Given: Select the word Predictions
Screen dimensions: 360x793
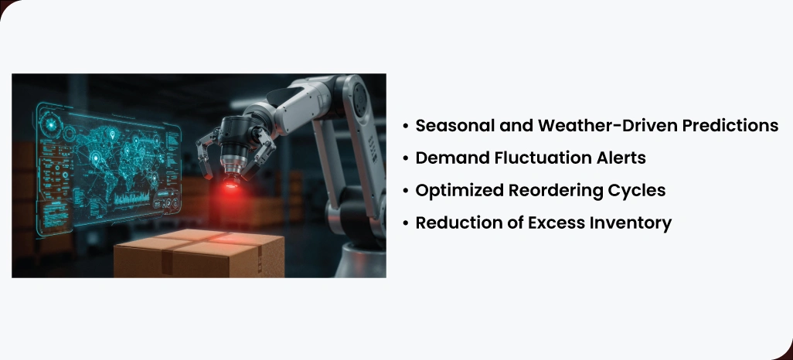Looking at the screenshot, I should pyautogui.click(x=727, y=126).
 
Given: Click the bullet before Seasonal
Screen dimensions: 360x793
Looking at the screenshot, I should pyautogui.click(x=405, y=126).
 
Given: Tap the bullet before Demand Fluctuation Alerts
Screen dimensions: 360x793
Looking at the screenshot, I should pyautogui.click(x=405, y=158).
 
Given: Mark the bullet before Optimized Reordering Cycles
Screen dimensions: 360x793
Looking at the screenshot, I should pyautogui.click(x=405, y=191).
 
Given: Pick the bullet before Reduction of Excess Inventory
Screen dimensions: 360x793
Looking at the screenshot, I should pyautogui.click(x=405, y=223).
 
